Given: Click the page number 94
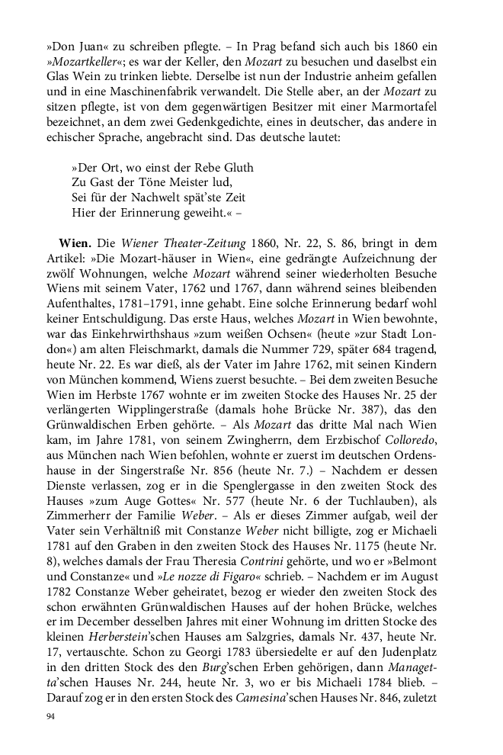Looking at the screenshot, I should tap(51, 716).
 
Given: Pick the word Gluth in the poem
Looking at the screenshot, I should tap(236, 166).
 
